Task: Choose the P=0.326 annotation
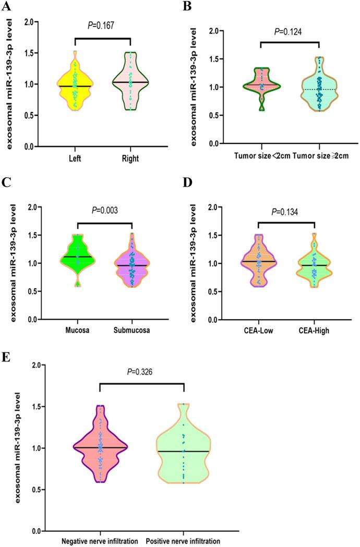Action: tap(142, 372)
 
